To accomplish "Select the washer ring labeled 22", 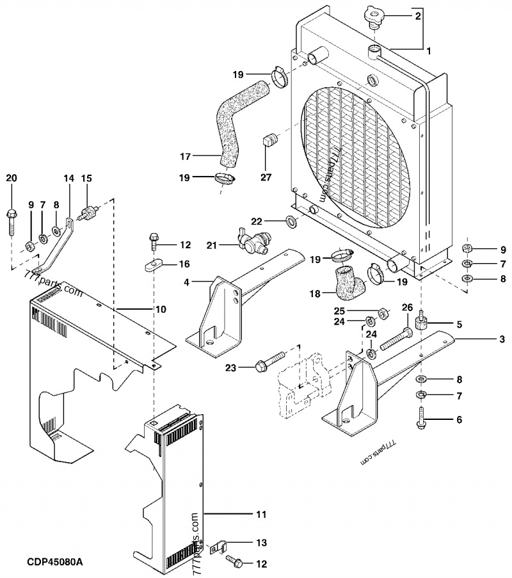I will pyautogui.click(x=290, y=222).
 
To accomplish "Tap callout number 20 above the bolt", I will pyautogui.click(x=11, y=177).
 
